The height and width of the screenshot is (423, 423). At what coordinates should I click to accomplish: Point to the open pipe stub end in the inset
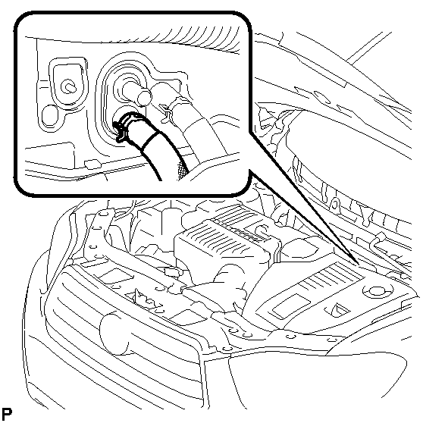tap(144, 97)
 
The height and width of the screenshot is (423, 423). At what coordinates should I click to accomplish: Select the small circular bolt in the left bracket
tap(68, 86)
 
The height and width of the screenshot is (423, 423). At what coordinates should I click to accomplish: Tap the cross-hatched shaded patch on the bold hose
tap(182, 171)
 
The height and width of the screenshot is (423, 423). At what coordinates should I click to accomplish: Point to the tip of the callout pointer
tap(359, 264)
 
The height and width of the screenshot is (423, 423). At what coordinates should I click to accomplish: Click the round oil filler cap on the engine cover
tap(375, 291)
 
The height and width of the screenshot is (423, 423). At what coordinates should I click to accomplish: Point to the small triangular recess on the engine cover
tap(338, 309)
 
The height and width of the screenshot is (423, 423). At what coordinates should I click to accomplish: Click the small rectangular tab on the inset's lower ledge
tap(92, 164)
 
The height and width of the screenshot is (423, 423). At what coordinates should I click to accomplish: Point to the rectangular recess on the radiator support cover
tap(117, 276)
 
